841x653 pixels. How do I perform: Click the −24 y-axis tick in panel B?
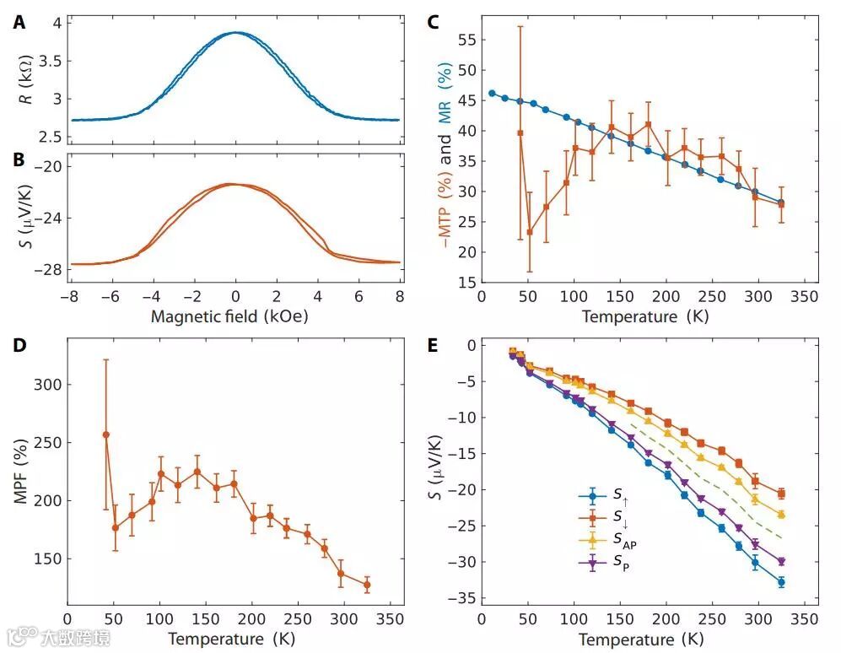pyautogui.click(x=46, y=218)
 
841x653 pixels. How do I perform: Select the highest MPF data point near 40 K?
pyautogui.click(x=106, y=434)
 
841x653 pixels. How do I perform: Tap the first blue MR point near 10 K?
pyautogui.click(x=492, y=94)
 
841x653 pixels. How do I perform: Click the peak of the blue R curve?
pyautogui.click(x=235, y=33)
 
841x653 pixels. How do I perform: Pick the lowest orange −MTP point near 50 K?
pyautogui.click(x=530, y=232)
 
